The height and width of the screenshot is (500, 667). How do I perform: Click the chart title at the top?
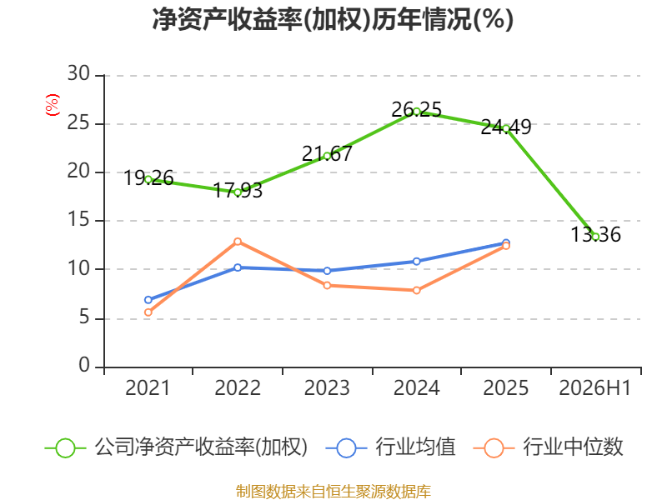pos(333,19)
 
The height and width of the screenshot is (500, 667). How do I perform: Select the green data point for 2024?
pos(416,112)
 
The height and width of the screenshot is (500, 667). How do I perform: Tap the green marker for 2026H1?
pos(595,237)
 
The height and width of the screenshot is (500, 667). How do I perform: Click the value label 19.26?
pos(148,177)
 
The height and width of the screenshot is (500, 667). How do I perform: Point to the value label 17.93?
pos(238,191)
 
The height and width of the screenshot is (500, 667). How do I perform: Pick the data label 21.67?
pos(327,154)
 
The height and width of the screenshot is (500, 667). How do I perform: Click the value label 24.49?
pos(506,127)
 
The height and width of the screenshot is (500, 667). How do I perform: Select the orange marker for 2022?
pos(238,242)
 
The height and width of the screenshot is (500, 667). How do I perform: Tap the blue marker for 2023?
pos(327,271)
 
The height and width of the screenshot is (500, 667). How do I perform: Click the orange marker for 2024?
pos(416,290)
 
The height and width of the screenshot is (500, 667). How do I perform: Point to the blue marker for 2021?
pos(148,300)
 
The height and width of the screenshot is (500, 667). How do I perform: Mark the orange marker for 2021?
pos(148,312)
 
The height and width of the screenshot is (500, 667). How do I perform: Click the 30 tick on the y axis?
pos(78,74)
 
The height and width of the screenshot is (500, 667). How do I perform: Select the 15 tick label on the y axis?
pos(78,220)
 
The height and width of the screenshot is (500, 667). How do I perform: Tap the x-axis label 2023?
pos(327,388)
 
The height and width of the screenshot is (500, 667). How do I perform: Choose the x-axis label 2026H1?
pos(594,388)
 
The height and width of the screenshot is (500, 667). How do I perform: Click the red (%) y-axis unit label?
pos(53,105)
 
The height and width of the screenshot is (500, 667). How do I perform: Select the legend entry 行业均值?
pos(390,447)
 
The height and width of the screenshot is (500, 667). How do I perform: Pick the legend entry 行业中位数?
pos(548,447)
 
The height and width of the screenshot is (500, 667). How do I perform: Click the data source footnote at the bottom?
pos(333,492)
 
